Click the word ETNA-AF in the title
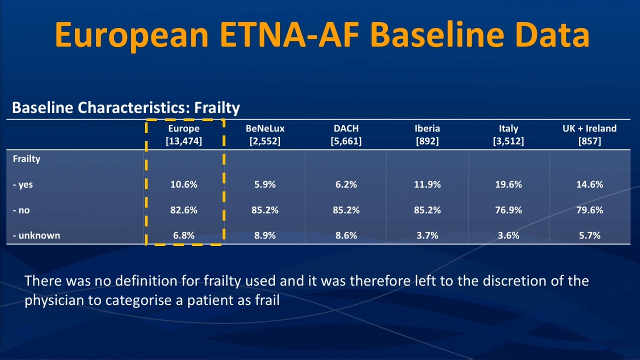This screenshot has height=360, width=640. (x=289, y=34)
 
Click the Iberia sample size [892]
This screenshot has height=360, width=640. (x=427, y=141)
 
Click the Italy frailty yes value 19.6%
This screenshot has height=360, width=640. (x=508, y=184)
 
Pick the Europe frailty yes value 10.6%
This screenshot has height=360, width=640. (x=183, y=184)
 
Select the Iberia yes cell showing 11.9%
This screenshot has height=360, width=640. (x=427, y=184)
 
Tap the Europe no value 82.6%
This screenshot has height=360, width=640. (x=183, y=210)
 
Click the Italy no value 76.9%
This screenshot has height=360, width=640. (x=508, y=210)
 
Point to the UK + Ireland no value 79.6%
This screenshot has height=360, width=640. (x=589, y=210)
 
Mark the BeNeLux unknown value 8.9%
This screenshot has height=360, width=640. (x=265, y=235)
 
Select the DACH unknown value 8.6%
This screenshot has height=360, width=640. (x=346, y=235)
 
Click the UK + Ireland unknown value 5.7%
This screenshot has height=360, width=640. (x=589, y=235)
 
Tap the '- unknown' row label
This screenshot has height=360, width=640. (x=36, y=235)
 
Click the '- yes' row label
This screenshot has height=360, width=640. (x=23, y=185)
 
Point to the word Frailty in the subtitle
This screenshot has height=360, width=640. (x=217, y=108)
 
